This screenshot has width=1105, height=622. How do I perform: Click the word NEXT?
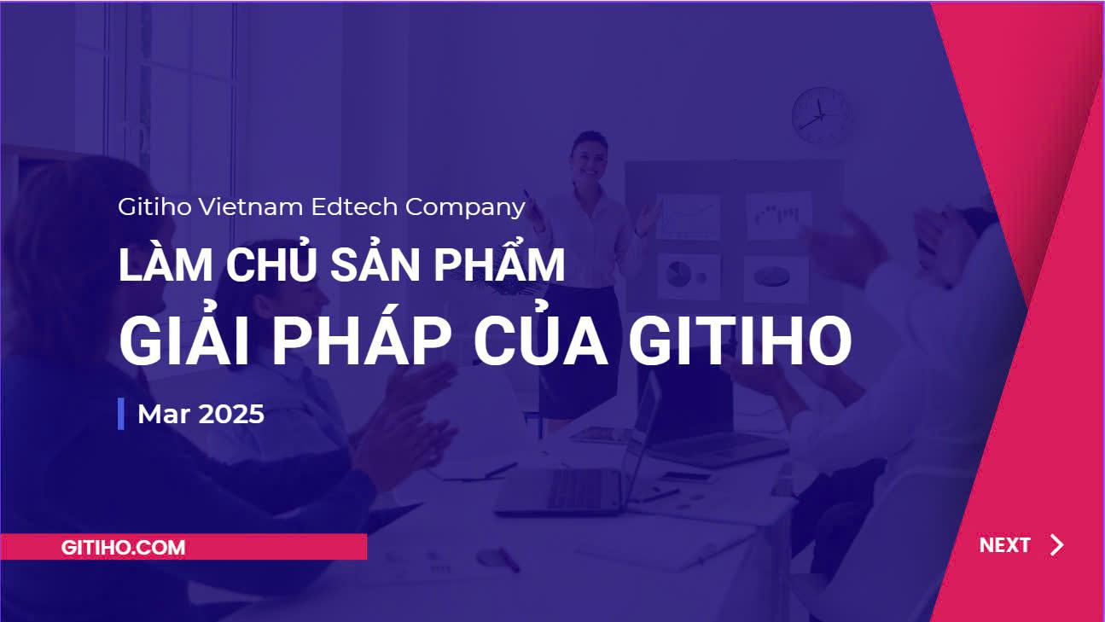point(1004,545)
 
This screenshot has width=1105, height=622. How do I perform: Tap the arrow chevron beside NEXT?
point(1057,545)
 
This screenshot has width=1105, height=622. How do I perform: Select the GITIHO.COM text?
point(123,548)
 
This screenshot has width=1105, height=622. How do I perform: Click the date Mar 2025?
point(201,415)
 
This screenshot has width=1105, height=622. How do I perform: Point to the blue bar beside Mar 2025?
point(121,414)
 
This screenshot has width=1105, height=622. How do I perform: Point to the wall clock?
point(822,114)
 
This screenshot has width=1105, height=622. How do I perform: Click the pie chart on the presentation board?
point(678,274)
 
